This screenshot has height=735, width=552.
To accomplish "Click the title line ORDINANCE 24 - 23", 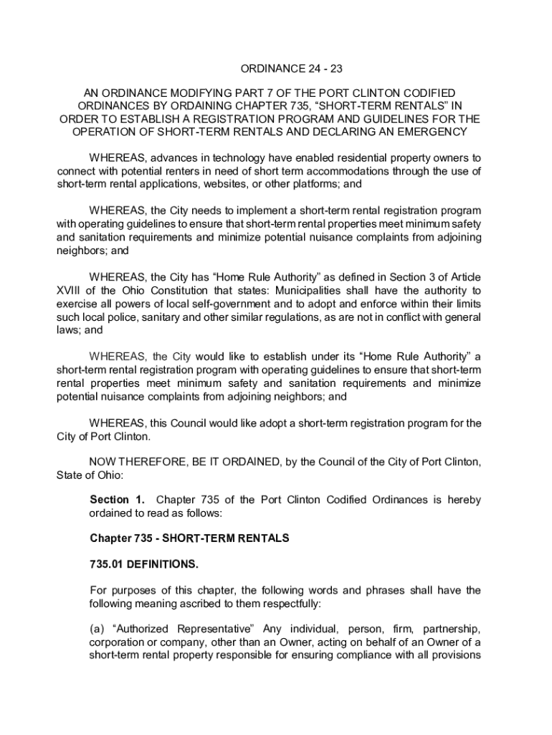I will [x=275, y=70].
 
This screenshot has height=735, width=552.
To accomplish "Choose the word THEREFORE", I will [x=150, y=462].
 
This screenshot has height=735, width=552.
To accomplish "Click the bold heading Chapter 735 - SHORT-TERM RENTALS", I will [x=189, y=538].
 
